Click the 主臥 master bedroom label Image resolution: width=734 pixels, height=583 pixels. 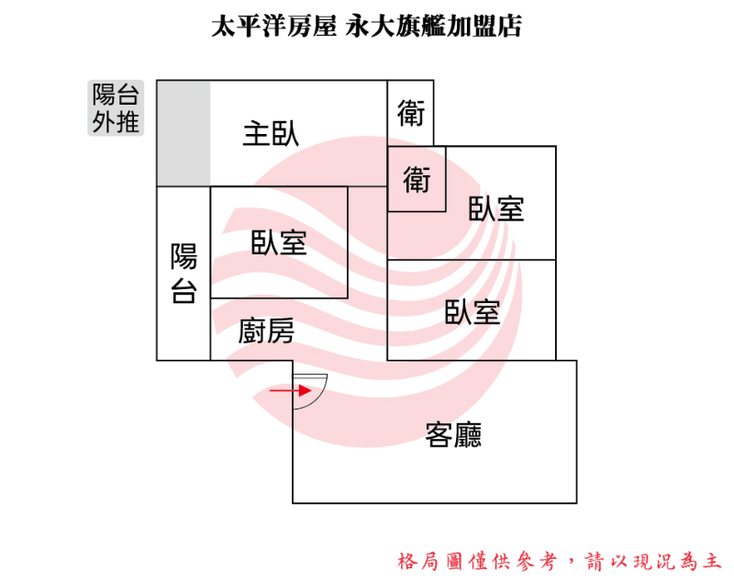tap(271, 134)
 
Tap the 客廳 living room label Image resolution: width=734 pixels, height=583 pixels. tap(453, 435)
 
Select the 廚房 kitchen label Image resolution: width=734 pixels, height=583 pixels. tap(266, 331)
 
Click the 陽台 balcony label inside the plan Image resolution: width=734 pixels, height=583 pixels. tap(183, 273)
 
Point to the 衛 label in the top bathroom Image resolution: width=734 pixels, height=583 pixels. tap(411, 113)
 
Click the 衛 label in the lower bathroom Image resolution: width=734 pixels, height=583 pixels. tap(417, 180)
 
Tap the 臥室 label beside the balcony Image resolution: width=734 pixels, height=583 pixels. tap(279, 242)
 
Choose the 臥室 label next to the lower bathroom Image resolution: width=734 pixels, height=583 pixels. tap(496, 208)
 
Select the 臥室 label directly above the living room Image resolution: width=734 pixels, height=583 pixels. tap(473, 312)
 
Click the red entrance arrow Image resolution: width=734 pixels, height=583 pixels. tap(291, 390)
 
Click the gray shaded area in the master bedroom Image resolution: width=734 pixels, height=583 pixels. tap(183, 133)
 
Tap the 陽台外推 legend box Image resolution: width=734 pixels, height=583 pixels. tap(116, 108)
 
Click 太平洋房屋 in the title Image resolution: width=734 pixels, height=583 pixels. tap(273, 26)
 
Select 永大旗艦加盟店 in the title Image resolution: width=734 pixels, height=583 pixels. tap(433, 26)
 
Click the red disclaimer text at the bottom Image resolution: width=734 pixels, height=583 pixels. tap(560, 562)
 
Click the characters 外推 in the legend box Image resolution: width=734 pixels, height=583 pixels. tap(116, 122)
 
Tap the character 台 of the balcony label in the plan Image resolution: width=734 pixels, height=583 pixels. tap(183, 291)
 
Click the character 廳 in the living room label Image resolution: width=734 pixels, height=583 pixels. tap(468, 435)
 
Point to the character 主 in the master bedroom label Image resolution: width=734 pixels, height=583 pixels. tap(257, 134)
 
